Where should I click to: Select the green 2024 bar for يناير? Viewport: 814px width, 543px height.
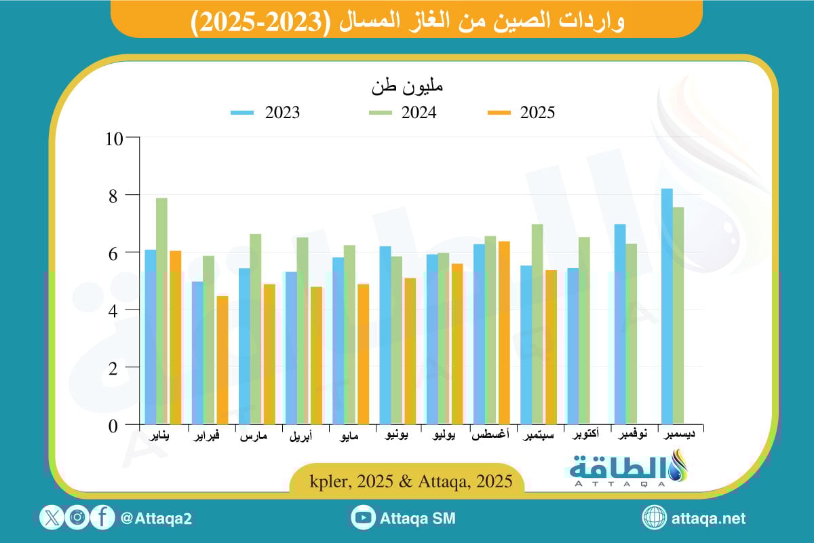tap(161, 312)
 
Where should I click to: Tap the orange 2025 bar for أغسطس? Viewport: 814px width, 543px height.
tap(503, 333)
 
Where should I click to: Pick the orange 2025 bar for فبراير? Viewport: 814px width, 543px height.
tap(222, 360)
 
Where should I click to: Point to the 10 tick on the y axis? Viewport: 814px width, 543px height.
tap(115, 138)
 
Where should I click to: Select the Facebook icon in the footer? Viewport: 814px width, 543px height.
tap(102, 518)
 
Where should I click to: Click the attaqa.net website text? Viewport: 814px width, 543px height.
tap(708, 519)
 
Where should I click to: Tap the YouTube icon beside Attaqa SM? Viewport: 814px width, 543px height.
tap(364, 518)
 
